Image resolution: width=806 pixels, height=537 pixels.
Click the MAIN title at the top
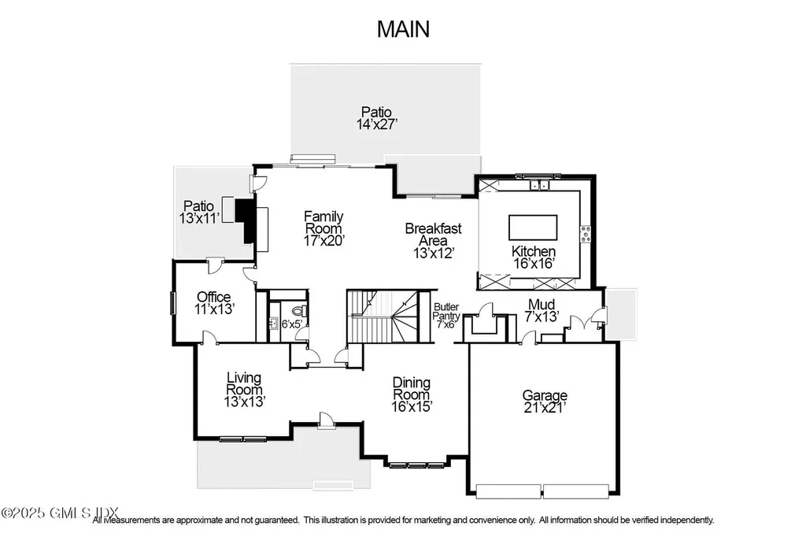click(403, 29)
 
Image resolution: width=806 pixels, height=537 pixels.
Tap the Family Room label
click(324, 223)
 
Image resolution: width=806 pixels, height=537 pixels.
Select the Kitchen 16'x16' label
click(534, 257)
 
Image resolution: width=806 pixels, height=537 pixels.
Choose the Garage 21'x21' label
click(545, 402)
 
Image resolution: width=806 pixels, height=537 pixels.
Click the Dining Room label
click(412, 394)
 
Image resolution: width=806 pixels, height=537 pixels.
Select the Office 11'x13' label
click(214, 303)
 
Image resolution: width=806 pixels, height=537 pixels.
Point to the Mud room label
click(542, 310)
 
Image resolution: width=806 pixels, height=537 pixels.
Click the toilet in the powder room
click(301, 313)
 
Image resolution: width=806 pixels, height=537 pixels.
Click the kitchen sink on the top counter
click(538, 186)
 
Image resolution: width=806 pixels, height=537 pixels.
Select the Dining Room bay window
click(410, 465)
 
